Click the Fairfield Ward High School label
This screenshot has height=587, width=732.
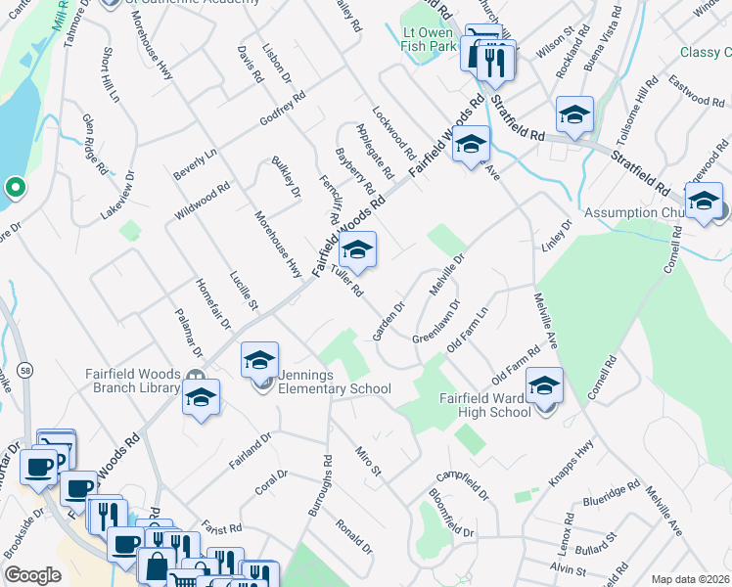(x=484, y=405)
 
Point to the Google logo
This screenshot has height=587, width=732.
(x=32, y=575)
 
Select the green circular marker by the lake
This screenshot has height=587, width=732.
(x=15, y=186)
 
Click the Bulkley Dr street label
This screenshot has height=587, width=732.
(x=286, y=177)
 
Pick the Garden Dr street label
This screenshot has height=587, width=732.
(x=389, y=320)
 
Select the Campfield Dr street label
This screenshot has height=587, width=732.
(x=461, y=482)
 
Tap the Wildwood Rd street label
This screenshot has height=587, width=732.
(x=202, y=200)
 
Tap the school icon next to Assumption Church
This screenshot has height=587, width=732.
(x=703, y=202)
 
